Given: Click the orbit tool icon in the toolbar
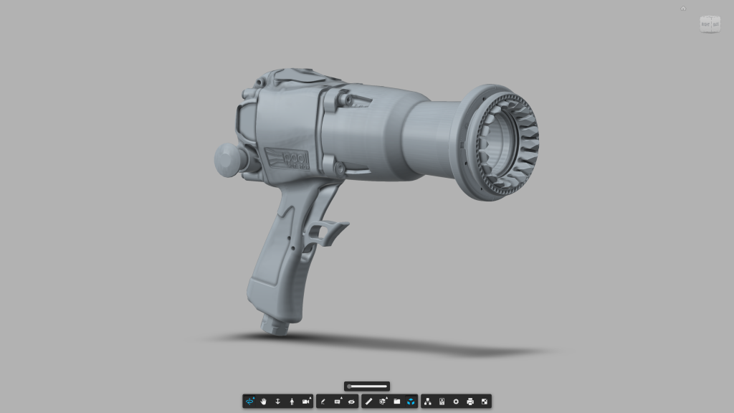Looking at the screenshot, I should point(250,402).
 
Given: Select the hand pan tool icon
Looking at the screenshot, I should point(264,402).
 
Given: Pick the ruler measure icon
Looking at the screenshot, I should point(368,402).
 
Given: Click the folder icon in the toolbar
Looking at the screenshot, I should point(396,402).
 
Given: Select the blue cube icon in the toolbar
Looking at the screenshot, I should point(411,402).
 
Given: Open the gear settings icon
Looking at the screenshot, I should point(456,402).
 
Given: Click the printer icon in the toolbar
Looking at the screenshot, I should point(470,402).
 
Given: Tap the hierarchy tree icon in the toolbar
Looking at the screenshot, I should point(427,402).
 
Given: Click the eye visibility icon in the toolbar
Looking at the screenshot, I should point(351,402).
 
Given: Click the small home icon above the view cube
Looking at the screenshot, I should point(683,9).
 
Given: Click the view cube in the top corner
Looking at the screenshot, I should point(710,24).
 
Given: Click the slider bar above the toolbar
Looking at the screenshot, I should point(367,386).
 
